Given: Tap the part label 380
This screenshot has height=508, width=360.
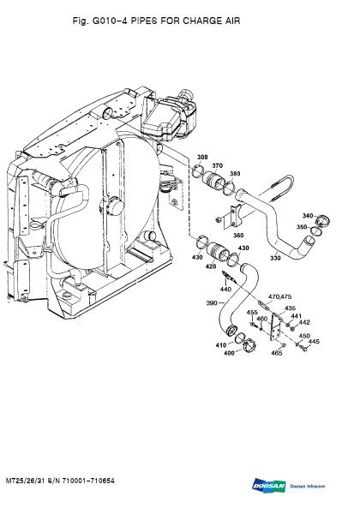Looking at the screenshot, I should (235, 174).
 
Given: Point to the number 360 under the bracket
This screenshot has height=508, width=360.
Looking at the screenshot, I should (238, 235).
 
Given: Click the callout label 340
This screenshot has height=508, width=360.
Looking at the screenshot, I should (308, 216).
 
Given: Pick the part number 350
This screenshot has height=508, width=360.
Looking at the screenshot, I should (302, 227).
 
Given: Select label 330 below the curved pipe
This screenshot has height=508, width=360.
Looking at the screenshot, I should (276, 258).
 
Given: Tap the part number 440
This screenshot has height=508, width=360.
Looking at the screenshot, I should (225, 289).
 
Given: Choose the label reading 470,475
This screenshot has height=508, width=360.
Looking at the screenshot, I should (280, 296).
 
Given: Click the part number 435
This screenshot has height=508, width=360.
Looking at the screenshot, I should (291, 308).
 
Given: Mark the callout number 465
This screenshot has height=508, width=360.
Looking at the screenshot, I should (276, 353).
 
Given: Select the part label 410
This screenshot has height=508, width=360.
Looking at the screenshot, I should (219, 345).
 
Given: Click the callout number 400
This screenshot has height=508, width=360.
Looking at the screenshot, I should (230, 354).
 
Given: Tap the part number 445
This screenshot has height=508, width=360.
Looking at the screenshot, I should (314, 342).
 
